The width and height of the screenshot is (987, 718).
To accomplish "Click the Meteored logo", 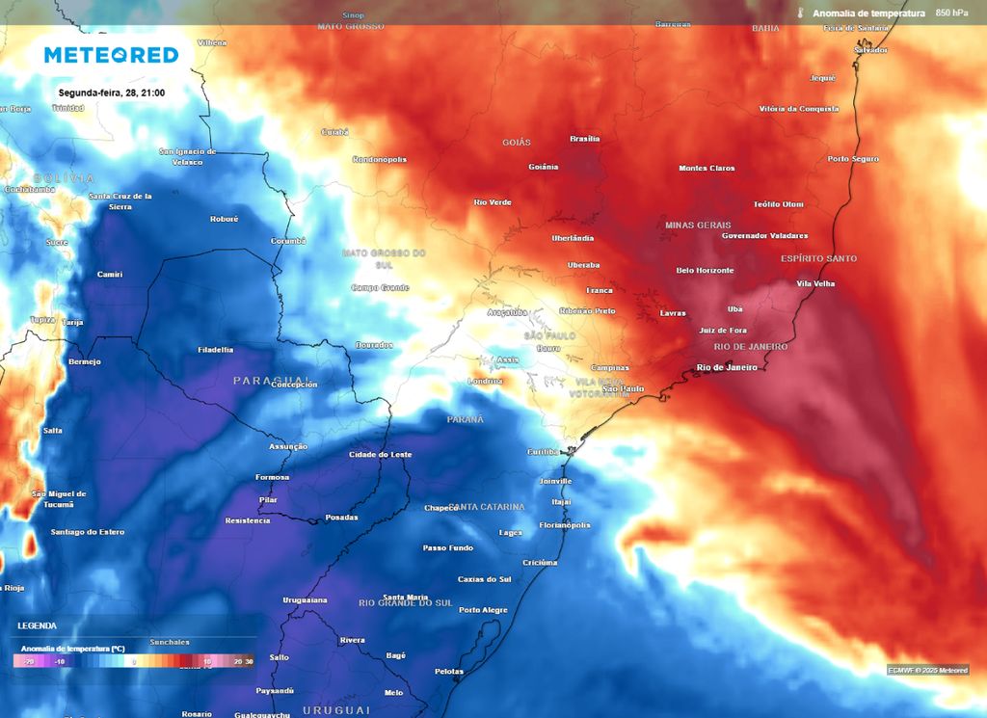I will (112, 55).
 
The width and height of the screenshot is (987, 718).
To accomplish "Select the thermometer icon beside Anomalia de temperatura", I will (800, 13).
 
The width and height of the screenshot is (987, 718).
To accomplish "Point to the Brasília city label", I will (585, 139).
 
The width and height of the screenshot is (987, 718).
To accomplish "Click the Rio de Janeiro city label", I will (727, 367).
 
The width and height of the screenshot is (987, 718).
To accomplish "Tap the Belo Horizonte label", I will (705, 271).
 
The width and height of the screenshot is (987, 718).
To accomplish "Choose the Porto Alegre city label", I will (483, 610).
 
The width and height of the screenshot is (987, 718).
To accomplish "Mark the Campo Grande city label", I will (380, 287).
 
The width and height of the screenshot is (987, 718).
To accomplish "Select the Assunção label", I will (288, 446).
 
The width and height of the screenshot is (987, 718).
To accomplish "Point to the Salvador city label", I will (870, 50).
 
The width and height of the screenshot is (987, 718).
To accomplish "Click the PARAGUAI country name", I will (271, 381).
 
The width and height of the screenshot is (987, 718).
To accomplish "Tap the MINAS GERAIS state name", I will (698, 225).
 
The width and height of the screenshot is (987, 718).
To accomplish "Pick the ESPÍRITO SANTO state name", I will (818, 259).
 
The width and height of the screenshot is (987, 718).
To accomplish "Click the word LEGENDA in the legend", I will (37, 625).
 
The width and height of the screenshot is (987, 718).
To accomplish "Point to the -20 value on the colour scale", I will (29, 662).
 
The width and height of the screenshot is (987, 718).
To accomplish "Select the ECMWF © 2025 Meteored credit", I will (927, 670).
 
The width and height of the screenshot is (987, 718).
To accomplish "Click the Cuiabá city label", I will (333, 132).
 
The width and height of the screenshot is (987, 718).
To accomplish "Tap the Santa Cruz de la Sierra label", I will (120, 200).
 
